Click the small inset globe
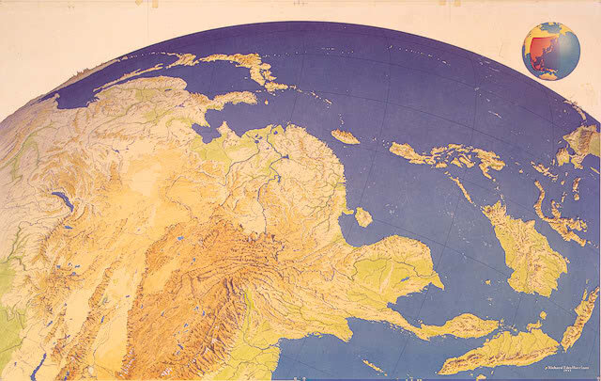550,51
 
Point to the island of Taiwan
344,136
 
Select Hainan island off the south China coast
362,216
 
